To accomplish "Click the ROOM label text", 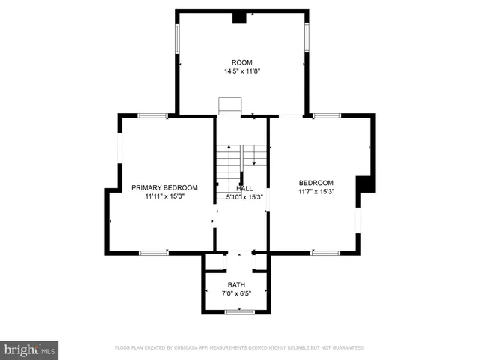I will pyautogui.click(x=241, y=62).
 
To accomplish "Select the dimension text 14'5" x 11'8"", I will pyautogui.click(x=241, y=71).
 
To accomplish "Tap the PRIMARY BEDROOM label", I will pyautogui.click(x=164, y=187).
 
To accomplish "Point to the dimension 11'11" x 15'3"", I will pyautogui.click(x=164, y=196).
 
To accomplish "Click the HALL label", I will pyautogui.click(x=244, y=189).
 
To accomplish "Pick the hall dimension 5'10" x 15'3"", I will pyautogui.click(x=244, y=197).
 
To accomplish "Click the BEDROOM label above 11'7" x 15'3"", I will pyautogui.click(x=316, y=183).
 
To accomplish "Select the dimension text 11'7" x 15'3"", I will pyautogui.click(x=316, y=192).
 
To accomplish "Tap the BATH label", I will pyautogui.click(x=236, y=284).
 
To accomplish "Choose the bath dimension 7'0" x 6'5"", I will pyautogui.click(x=236, y=293).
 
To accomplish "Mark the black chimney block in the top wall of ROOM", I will pyautogui.click(x=240, y=17).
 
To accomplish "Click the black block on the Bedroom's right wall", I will pyautogui.click(x=365, y=184).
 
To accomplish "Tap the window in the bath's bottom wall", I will pyautogui.click(x=240, y=311).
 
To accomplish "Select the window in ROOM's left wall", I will pyautogui.click(x=178, y=37).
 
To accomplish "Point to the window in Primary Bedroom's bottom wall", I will pyautogui.click(x=153, y=253).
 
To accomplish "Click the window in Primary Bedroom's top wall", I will pyautogui.click(x=153, y=115).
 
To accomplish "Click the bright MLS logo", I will pyautogui.click(x=30, y=349).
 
